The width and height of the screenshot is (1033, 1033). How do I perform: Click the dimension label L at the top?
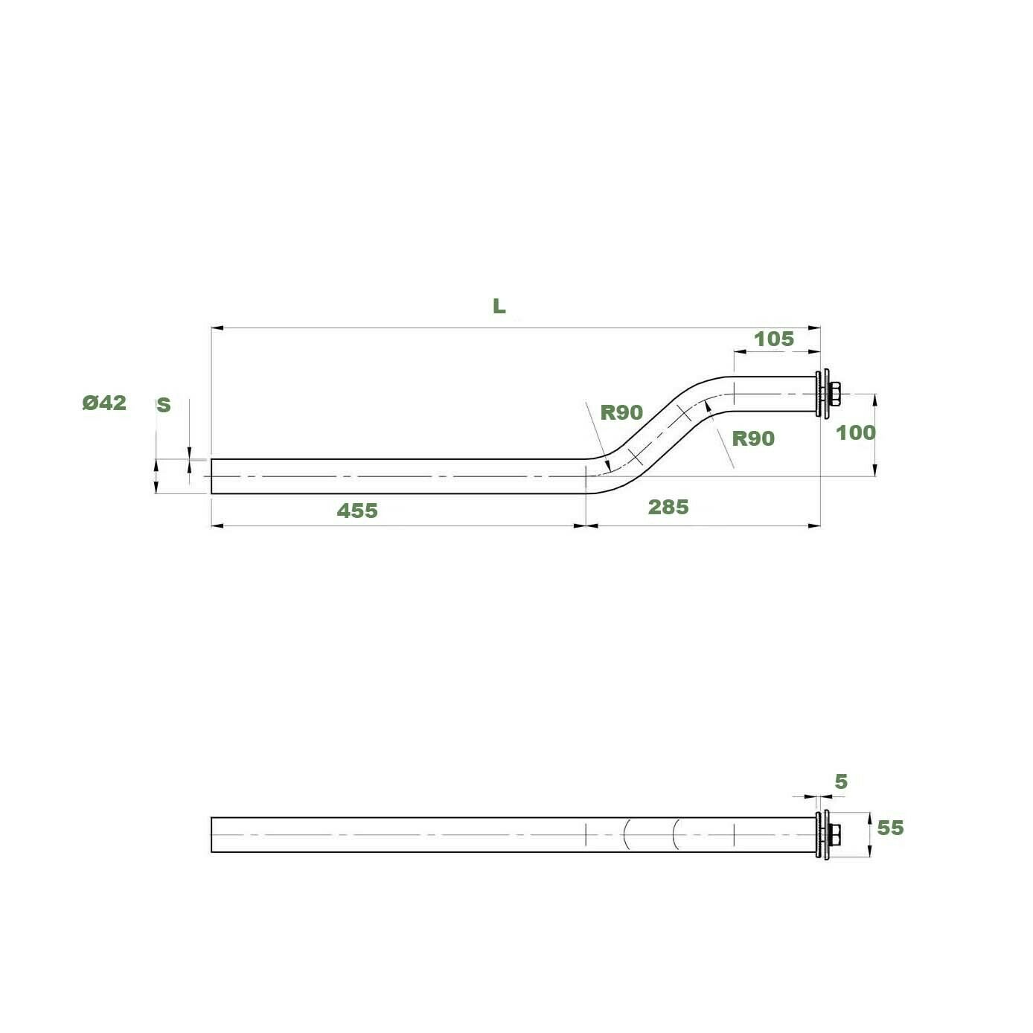[499, 306]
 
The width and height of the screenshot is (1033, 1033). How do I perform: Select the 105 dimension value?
[774, 339]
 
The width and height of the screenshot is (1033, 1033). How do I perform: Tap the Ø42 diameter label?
[104, 403]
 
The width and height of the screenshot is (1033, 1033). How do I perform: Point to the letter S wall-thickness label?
[163, 405]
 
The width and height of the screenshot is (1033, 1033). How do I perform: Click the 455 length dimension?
[357, 511]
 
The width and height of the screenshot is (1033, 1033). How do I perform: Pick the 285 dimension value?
[668, 507]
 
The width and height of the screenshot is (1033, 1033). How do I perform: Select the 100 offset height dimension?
[855, 432]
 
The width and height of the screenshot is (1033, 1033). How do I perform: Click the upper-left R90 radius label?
[621, 412]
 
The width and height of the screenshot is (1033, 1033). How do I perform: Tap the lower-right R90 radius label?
[753, 438]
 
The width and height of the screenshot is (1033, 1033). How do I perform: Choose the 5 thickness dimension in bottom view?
[841, 781]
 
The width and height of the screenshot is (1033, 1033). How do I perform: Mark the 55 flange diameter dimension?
[890, 828]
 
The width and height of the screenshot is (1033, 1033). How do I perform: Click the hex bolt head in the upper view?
[836, 394]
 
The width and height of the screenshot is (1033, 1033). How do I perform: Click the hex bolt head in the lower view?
[836, 835]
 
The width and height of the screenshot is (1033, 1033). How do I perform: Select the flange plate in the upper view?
[822, 394]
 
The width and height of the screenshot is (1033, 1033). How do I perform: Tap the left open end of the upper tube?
[213, 476]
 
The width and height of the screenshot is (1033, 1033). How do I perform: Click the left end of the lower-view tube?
[213, 835]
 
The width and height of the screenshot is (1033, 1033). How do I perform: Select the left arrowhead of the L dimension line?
[217, 327]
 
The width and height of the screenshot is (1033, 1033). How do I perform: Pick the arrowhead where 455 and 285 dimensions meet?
[586, 525]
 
